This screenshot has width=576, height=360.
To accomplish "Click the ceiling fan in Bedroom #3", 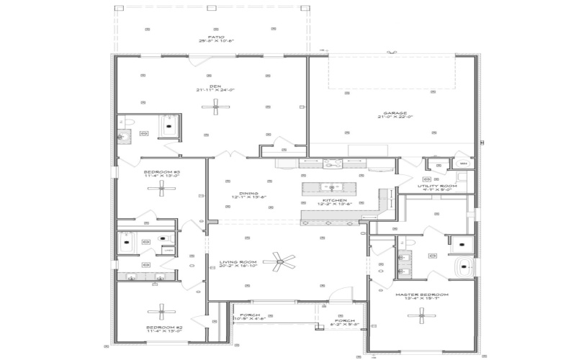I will (162, 189).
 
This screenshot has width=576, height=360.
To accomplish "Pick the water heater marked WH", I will (463, 164).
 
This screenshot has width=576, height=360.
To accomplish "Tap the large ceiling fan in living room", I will (279, 261).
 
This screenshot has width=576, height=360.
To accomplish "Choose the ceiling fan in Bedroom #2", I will (162, 311).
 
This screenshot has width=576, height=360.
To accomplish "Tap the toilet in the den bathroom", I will (122, 135).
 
